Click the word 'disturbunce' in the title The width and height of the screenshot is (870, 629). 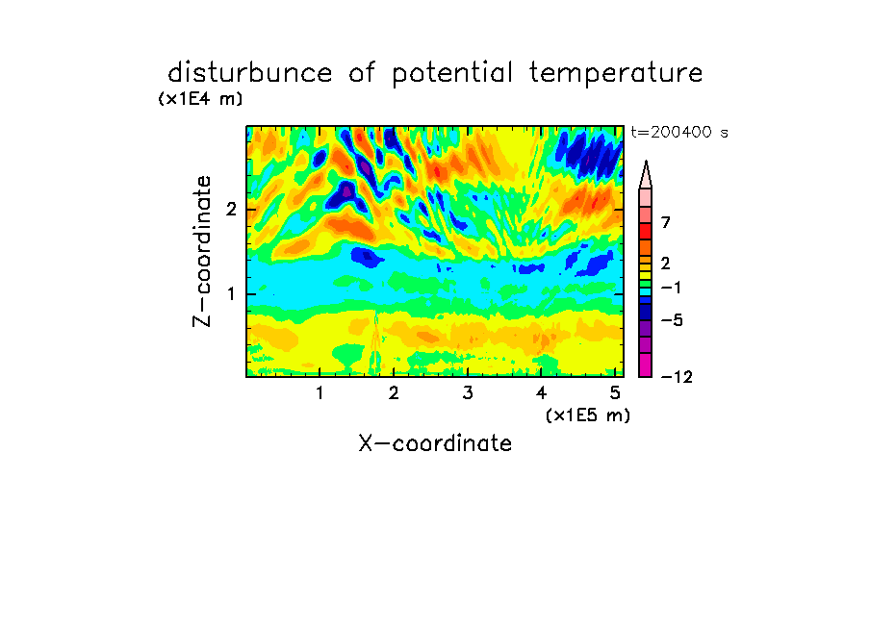pyautogui.click(x=249, y=73)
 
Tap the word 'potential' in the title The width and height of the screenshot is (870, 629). pyautogui.click(x=452, y=74)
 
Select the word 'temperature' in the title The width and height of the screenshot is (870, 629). pyautogui.click(x=615, y=74)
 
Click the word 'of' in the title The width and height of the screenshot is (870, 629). pyautogui.click(x=362, y=73)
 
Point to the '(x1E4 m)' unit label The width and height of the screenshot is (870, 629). pyautogui.click(x=200, y=99)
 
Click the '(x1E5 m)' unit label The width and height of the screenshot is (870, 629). pyautogui.click(x=588, y=415)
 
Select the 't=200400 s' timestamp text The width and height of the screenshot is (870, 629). pyautogui.click(x=679, y=133)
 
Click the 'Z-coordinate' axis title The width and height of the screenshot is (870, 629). pyautogui.click(x=202, y=251)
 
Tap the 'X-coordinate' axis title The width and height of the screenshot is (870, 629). pyautogui.click(x=435, y=443)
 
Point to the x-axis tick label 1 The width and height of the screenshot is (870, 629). pyautogui.click(x=320, y=393)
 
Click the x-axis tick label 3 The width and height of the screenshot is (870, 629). pyautogui.click(x=468, y=393)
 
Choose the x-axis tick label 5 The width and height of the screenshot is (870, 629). pyautogui.click(x=615, y=393)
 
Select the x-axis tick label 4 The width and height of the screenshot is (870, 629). pyautogui.click(x=541, y=393)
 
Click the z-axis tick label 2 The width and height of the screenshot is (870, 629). pyautogui.click(x=231, y=210)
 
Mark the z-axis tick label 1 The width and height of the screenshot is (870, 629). pyautogui.click(x=231, y=294)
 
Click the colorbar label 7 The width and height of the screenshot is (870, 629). pyautogui.click(x=666, y=222)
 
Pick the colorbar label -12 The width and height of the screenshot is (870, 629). pyautogui.click(x=677, y=377)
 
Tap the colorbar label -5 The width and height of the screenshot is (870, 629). pyautogui.click(x=672, y=320)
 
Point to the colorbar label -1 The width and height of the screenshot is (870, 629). pyautogui.click(x=672, y=288)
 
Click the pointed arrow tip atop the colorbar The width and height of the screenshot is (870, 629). pyautogui.click(x=646, y=162)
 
